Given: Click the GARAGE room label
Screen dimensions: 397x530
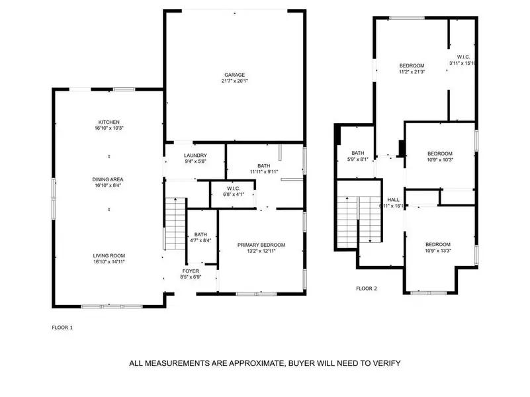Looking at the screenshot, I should tap(234, 74).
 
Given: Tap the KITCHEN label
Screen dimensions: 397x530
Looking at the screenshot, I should tap(109, 122).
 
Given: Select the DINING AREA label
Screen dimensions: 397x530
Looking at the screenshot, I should tap(109, 179).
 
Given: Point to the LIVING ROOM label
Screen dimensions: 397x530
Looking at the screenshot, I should tap(109, 255).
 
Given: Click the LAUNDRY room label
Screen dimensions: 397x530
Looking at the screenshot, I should tap(196, 155).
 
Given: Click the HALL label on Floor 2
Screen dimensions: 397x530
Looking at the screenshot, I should tap(394, 199).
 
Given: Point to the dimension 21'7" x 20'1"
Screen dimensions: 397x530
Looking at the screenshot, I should tap(234, 81).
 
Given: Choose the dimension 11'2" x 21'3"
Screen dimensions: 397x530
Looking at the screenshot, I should tap(412, 72).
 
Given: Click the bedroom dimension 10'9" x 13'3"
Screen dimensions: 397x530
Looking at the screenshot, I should tap(437, 251).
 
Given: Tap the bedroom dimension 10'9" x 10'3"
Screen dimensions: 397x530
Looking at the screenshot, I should tap(439, 159).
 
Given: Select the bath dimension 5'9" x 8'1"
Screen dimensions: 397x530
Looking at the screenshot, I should tap(359, 159).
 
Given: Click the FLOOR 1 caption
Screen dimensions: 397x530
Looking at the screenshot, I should tap(63, 327).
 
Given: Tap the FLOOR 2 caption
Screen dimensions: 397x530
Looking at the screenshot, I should tap(367, 288).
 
